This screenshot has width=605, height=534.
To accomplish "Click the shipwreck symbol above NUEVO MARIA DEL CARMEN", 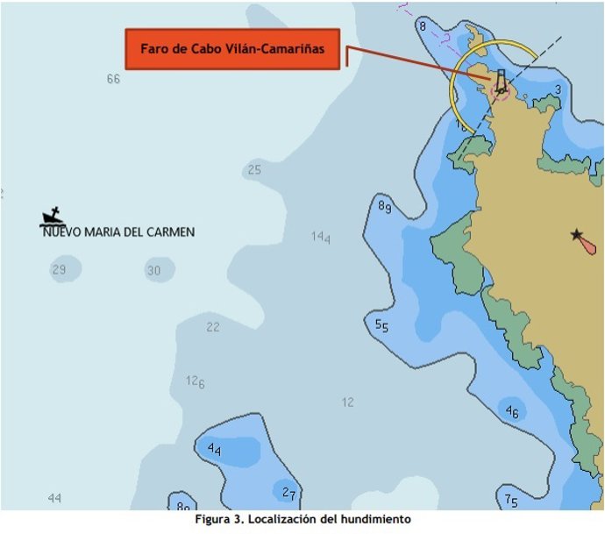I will click(53, 217).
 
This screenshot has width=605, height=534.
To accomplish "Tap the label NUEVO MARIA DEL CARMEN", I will click(118, 232).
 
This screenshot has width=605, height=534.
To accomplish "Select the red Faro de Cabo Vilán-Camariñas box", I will click(232, 49).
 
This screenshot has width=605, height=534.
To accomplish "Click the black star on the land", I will click(576, 234).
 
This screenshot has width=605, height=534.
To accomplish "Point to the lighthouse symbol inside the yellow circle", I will click(500, 82).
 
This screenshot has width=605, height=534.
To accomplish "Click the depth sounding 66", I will click(113, 79).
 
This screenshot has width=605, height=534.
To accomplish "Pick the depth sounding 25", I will click(254, 170).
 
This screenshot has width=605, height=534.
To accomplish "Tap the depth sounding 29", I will click(59, 269).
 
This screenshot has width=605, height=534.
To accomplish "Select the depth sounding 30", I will click(153, 271).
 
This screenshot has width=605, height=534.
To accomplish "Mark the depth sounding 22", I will click(213, 327).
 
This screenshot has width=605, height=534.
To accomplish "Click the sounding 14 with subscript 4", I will click(321, 237).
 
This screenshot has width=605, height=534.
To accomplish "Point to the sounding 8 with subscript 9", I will click(384, 206).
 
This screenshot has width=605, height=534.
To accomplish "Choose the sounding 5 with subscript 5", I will click(381, 325).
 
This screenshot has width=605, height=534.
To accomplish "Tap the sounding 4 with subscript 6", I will click(512, 412).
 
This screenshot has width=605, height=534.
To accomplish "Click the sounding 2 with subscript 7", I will click(288, 493).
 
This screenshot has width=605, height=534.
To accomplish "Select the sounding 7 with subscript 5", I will click(511, 501).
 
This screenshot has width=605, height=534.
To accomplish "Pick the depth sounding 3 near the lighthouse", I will click(558, 89).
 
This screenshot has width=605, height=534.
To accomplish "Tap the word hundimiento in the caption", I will click(374, 520).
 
